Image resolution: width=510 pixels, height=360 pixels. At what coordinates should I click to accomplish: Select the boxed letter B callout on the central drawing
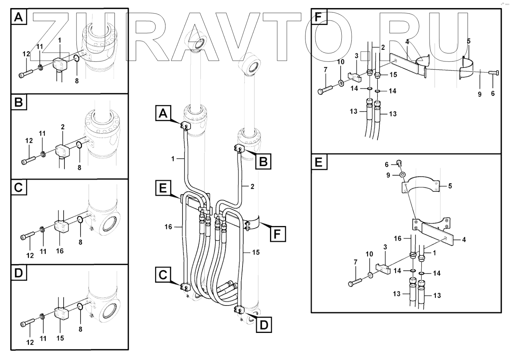coord(263,161)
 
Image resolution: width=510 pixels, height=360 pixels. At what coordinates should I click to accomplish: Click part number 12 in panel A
coord(26,54)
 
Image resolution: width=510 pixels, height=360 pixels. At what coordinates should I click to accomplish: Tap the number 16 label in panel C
coord(60,251)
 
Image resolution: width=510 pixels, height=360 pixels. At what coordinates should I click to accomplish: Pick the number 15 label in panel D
coord(60,338)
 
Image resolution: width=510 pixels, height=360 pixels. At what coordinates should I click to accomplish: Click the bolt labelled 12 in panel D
coord(28,322)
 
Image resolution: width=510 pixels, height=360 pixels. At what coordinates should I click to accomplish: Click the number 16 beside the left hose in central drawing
coord(168,227)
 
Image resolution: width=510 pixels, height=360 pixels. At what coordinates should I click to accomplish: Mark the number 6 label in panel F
coord(493,94)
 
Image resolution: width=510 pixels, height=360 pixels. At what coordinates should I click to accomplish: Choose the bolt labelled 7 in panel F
coord(326,89)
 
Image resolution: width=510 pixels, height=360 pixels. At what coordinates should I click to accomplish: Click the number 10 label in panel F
coord(340,62)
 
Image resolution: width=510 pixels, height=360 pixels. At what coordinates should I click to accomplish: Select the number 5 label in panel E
coord(450,186)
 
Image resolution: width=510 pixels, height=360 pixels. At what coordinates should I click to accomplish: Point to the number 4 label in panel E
coord(464,240)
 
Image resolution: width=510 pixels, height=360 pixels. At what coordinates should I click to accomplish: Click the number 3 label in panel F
coord(356,56)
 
